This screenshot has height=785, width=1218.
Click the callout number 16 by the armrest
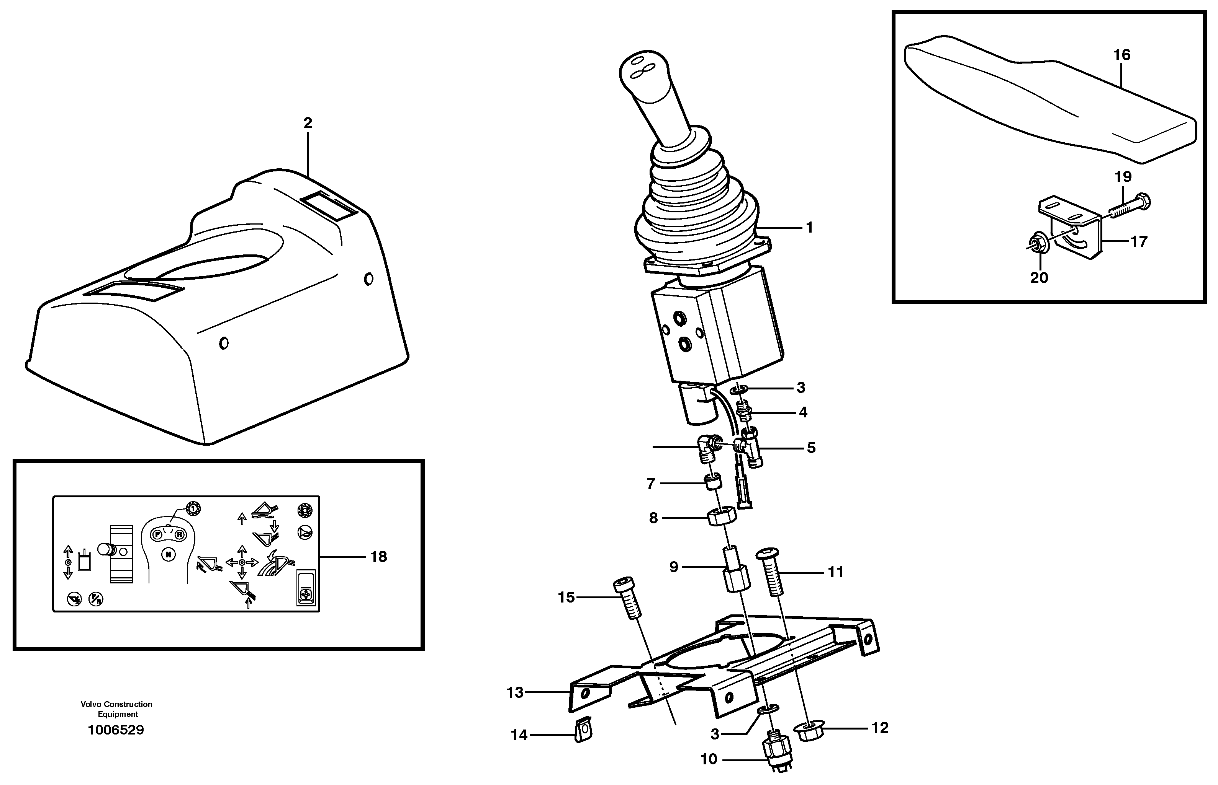point(1121,55)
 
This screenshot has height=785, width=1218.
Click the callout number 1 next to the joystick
point(809,227)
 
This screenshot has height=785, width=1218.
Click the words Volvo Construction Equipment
point(116,709)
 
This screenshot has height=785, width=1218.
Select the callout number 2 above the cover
point(307,123)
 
